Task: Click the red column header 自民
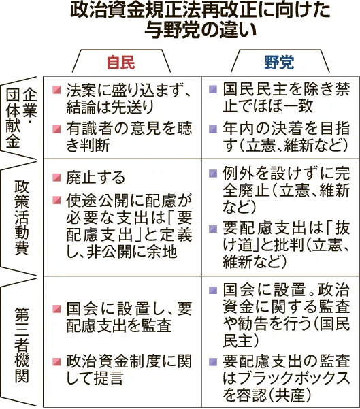[x=120, y=63]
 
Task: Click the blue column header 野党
[x=279, y=63]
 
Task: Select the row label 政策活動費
[x=21, y=217]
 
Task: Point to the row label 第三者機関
[x=22, y=345]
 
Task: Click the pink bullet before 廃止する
[x=56, y=178]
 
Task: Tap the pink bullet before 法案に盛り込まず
[x=56, y=90]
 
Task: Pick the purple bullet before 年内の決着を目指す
[x=213, y=129]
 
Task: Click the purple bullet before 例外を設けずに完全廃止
[x=213, y=174]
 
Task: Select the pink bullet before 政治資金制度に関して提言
[x=56, y=362]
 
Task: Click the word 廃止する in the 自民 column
[x=95, y=178]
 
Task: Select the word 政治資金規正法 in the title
[x=135, y=10]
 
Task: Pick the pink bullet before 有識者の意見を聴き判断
[x=56, y=129]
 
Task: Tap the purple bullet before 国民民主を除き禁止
[x=213, y=90]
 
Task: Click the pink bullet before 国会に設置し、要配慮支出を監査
[x=56, y=309]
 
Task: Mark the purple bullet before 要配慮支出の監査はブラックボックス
[x=213, y=362]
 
